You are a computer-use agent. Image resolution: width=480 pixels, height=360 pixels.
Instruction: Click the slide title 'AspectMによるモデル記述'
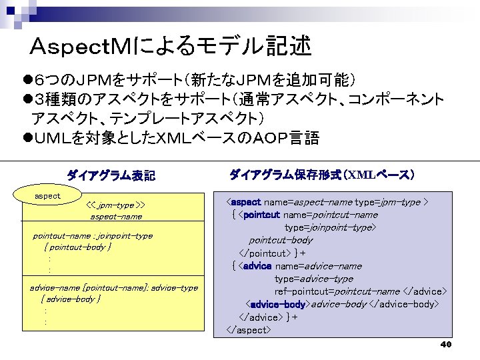171,46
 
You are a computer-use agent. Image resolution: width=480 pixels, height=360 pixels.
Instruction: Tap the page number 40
446,344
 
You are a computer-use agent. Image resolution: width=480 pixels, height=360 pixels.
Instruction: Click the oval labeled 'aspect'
47,196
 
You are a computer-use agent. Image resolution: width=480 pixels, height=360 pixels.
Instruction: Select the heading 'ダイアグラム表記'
111,176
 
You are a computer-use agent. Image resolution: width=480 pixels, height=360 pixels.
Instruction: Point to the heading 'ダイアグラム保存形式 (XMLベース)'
322,175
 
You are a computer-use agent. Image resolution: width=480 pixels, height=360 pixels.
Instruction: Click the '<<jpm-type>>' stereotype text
117,205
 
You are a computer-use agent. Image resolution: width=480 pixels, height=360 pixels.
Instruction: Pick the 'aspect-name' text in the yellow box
116,217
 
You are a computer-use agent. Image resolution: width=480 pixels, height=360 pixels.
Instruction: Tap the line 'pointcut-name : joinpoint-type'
93,235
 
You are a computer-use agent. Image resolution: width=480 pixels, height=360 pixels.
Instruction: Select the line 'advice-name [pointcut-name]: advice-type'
114,287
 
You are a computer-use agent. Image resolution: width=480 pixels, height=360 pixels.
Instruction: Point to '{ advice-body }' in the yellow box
71,299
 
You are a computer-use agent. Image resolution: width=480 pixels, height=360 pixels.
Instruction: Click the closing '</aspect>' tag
248,330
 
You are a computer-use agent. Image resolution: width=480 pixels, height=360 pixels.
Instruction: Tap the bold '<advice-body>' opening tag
277,305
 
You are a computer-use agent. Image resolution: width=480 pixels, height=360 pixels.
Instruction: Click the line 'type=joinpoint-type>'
330,227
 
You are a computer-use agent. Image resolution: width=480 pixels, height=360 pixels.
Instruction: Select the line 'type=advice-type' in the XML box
313,279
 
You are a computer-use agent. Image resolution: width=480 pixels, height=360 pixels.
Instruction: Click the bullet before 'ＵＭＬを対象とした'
27,139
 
